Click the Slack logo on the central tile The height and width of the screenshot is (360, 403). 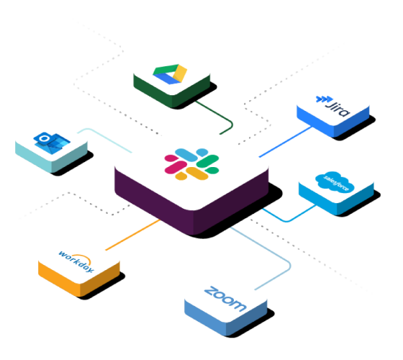tap(191, 164)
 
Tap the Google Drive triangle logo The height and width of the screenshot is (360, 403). tap(170, 74)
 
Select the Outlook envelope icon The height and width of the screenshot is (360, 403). tap(52, 143)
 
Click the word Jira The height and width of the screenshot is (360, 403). tap(337, 109)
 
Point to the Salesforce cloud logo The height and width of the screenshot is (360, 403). tap(335, 181)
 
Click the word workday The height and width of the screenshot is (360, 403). tap(76, 261)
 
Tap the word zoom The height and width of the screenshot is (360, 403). tap(225, 299)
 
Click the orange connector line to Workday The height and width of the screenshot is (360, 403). tap(132, 235)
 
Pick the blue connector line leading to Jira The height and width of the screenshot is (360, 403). tap(286, 142)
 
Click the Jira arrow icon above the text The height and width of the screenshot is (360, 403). tap(324, 99)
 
